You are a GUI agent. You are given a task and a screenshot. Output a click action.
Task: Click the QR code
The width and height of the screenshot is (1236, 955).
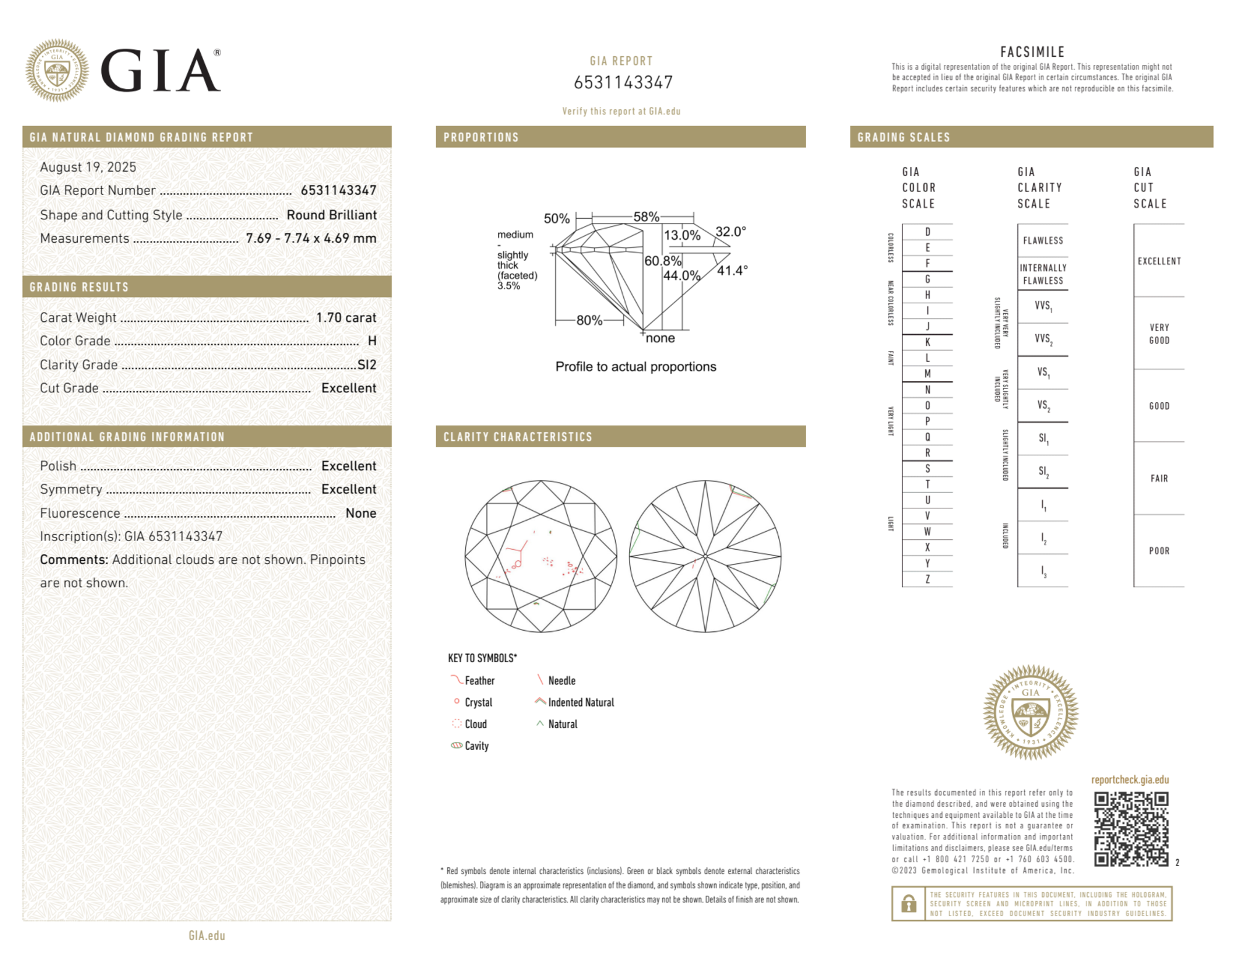tap(1130, 828)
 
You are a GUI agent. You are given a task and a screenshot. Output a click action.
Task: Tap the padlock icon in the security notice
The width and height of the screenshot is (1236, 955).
tap(908, 904)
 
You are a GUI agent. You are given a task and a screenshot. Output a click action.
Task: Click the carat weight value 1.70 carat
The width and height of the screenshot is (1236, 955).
tap(346, 318)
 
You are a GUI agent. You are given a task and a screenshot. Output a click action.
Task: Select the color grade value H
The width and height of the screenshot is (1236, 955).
tap(372, 341)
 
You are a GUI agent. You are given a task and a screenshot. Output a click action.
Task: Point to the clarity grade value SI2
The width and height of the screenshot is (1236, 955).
tap(367, 364)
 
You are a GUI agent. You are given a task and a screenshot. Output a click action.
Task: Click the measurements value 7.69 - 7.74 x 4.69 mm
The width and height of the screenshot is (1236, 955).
tap(311, 238)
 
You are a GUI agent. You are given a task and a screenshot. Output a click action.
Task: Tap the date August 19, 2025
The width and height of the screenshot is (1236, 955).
tap(88, 167)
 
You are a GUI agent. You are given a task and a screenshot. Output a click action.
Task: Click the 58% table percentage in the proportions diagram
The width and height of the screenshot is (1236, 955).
tap(646, 217)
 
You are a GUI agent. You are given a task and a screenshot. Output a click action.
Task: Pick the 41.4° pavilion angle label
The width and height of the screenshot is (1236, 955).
tap(732, 270)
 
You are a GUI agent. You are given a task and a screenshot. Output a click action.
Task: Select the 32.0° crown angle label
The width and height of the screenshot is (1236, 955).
tap(731, 232)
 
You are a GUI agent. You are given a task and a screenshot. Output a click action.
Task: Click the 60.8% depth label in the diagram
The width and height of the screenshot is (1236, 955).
tap(662, 261)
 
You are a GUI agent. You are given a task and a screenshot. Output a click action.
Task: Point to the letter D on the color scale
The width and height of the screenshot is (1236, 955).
tap(927, 232)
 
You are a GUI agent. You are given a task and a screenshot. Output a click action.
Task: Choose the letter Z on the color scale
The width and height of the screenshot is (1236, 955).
tap(927, 579)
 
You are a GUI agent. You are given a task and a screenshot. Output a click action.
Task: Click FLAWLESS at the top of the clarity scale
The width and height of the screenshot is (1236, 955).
tap(1043, 241)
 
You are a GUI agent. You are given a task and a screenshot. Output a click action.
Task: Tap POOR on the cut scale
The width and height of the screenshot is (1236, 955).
tap(1159, 551)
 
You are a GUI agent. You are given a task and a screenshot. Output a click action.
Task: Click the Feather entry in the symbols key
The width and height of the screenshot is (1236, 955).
tap(479, 681)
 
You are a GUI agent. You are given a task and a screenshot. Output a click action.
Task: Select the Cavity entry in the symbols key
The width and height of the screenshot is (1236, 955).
tap(476, 746)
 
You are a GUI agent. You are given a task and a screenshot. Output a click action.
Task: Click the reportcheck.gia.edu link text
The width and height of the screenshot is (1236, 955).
tap(1130, 780)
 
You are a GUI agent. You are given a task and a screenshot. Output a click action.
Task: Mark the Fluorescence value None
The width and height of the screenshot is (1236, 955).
tap(361, 513)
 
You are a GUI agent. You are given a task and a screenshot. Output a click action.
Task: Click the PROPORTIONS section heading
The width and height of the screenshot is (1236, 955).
tap(481, 137)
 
